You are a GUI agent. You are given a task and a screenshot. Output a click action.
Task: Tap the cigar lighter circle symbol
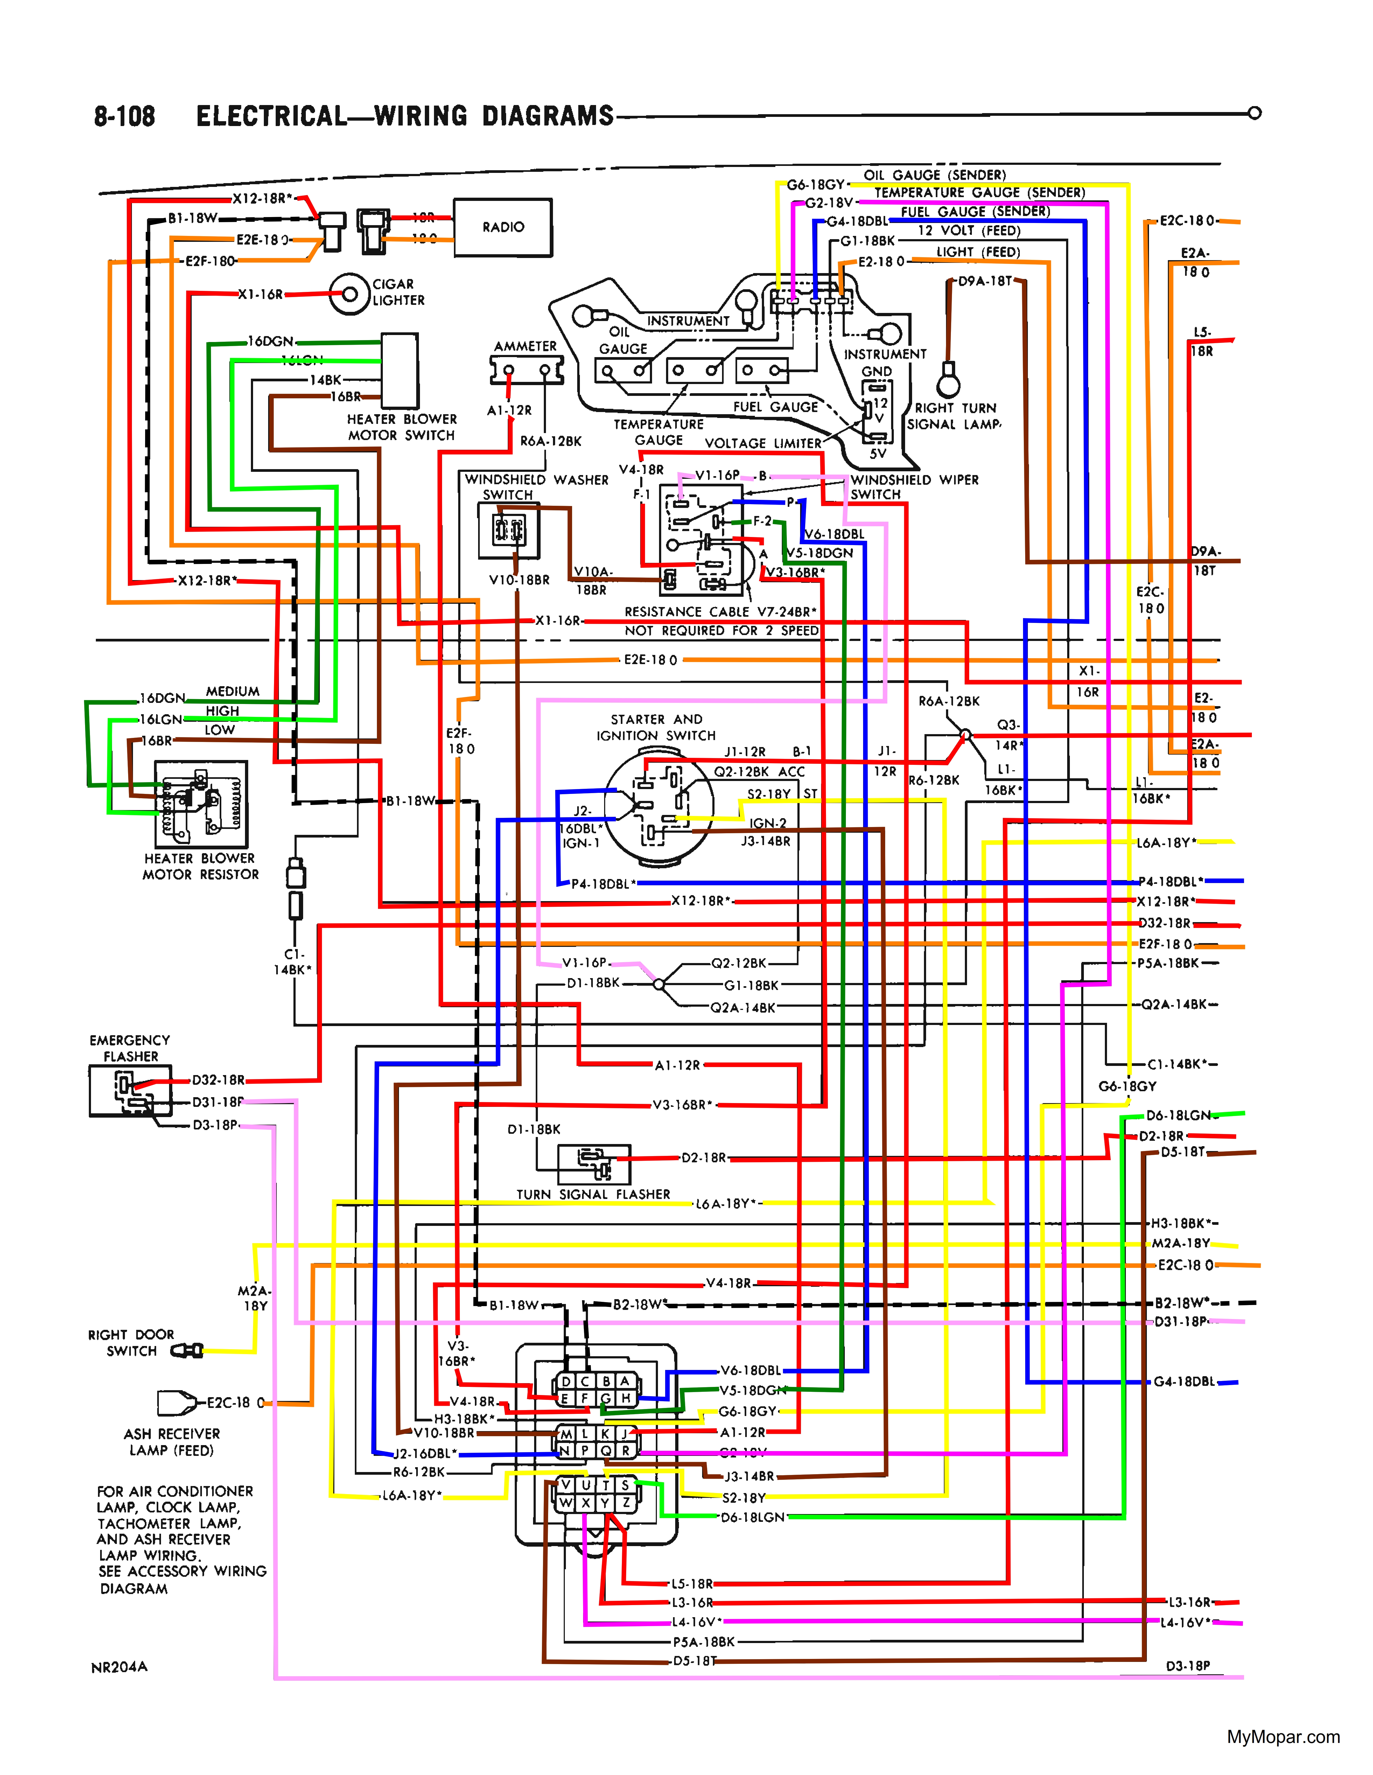(349, 294)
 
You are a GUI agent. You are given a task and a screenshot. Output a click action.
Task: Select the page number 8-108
(124, 116)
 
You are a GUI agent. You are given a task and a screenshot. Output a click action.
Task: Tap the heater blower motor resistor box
(201, 805)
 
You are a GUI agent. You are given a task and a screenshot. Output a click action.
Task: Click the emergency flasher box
(130, 1091)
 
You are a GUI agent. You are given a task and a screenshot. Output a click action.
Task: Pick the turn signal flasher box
(594, 1165)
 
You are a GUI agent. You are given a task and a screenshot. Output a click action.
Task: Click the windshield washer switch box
(509, 531)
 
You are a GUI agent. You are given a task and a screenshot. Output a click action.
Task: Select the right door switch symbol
(188, 1351)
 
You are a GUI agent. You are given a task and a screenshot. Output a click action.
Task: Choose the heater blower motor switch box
(400, 371)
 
